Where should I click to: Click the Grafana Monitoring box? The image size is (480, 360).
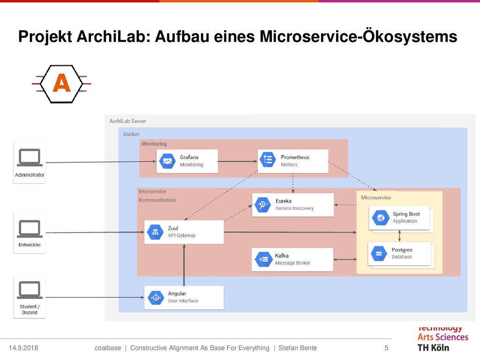click(x=187, y=161)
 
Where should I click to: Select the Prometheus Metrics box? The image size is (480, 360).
click(x=293, y=161)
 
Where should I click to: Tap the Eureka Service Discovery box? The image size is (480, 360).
click(x=292, y=205)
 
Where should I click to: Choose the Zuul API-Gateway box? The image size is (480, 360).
click(x=184, y=232)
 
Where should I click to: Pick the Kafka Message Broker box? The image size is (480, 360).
click(x=292, y=259)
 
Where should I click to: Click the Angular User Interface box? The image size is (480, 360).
click(x=184, y=298)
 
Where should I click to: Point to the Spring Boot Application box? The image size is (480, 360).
click(x=399, y=217)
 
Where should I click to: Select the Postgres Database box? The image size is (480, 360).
click(x=399, y=254)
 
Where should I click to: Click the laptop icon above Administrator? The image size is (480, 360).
click(x=30, y=157)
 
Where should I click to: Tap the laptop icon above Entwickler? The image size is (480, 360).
click(x=30, y=228)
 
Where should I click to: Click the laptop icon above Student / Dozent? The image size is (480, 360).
click(x=30, y=290)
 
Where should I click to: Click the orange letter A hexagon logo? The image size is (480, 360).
click(x=61, y=84)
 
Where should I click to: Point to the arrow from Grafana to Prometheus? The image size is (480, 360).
click(x=238, y=162)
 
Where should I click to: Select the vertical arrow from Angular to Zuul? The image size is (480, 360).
click(x=184, y=265)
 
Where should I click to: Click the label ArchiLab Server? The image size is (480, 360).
click(x=127, y=121)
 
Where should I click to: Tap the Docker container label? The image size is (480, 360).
click(x=131, y=134)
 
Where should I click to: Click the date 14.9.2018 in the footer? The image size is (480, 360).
click(x=23, y=348)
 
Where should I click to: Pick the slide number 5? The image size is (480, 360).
click(x=386, y=348)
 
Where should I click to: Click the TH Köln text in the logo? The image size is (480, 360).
click(x=433, y=348)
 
